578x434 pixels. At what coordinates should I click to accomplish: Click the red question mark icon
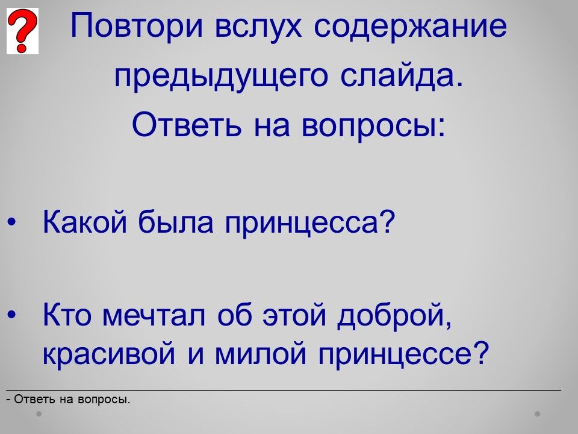(22, 31)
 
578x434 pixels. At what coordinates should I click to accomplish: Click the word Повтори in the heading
(137, 27)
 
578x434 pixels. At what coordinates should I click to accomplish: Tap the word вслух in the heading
(258, 27)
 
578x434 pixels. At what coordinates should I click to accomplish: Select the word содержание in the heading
(410, 27)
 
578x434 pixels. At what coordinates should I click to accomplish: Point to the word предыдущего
(221, 76)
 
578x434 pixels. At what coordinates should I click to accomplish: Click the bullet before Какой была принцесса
(12, 222)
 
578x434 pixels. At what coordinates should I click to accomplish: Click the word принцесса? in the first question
(309, 224)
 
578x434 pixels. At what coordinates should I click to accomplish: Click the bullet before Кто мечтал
(12, 315)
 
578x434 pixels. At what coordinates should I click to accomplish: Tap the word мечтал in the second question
(154, 315)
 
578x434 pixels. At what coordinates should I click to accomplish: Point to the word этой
(295, 315)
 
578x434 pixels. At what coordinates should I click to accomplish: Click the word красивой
(109, 354)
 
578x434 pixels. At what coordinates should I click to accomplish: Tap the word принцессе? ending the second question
(403, 354)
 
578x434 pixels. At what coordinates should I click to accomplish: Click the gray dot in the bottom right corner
(538, 414)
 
